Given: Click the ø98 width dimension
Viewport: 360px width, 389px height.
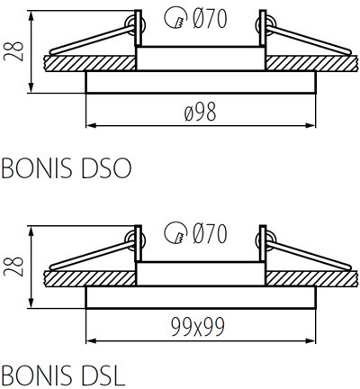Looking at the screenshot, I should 201,111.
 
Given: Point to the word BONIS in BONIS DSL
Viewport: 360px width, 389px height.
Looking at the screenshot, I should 35,372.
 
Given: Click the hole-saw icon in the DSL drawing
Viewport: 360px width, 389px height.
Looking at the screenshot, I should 175,236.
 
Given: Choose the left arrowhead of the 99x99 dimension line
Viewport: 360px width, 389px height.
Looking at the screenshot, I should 91,339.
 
